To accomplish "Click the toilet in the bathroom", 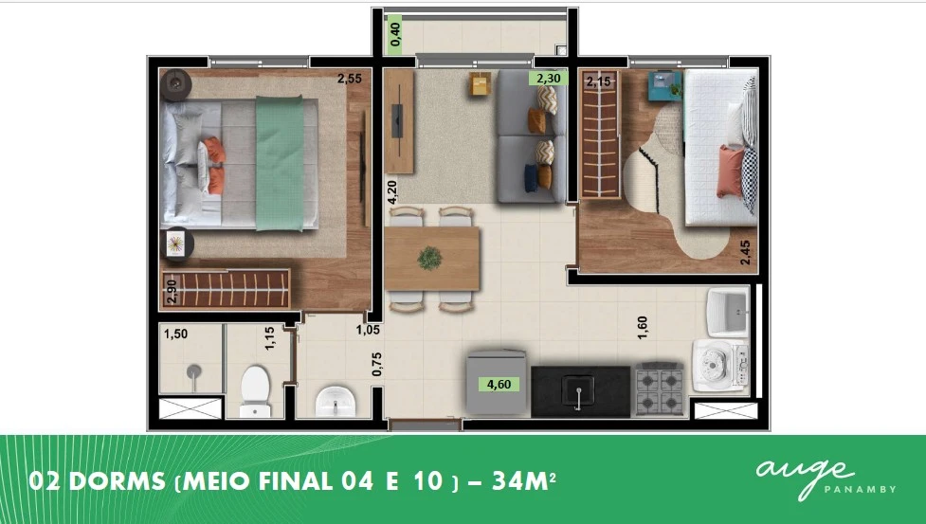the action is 255,391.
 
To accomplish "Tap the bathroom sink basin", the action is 336,401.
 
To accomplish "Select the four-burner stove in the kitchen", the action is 659,388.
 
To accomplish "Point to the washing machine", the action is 721,365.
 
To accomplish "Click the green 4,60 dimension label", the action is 499,385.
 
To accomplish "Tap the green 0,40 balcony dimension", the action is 395,34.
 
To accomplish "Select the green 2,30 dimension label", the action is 549,78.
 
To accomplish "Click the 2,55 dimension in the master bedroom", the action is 350,78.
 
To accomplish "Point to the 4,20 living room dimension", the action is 392,192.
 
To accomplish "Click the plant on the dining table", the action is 429,259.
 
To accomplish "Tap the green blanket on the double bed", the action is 280,164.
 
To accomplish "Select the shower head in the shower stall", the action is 193,373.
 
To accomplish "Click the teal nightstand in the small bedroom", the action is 665,86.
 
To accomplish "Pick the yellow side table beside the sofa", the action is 481,83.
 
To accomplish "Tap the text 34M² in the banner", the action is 523,481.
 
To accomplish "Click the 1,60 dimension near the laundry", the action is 643,328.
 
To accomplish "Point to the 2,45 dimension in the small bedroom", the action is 745,252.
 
